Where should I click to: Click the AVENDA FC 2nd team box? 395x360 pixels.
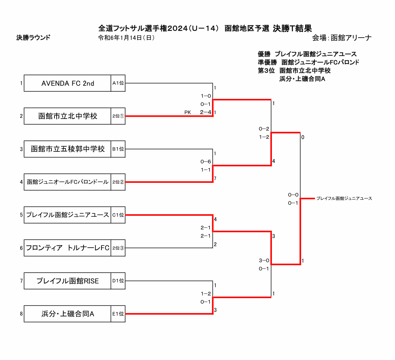(x=68, y=84)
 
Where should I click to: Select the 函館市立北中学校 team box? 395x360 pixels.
(x=68, y=116)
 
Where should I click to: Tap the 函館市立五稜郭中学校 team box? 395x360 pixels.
(x=68, y=149)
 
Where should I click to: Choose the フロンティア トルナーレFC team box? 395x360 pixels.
(x=68, y=248)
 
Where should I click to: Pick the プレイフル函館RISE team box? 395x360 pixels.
(x=68, y=281)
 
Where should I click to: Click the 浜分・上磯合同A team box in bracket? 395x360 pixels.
(x=68, y=314)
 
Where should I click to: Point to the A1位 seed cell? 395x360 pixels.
(x=118, y=84)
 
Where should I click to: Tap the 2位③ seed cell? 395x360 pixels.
(x=118, y=248)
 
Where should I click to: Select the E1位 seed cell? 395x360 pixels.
(x=118, y=314)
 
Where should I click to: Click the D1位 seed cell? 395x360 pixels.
(x=118, y=281)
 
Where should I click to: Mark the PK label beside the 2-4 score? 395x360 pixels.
(x=187, y=112)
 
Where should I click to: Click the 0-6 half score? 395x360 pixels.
(x=206, y=162)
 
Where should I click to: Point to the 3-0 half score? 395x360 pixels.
(x=264, y=260)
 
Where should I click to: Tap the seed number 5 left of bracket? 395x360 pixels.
(x=21, y=215)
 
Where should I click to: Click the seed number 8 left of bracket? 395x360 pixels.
(x=21, y=314)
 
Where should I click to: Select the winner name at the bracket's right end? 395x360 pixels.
(x=344, y=198)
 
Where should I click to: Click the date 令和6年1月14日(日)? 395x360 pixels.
(x=126, y=38)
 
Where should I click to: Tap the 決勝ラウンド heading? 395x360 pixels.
(x=33, y=37)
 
